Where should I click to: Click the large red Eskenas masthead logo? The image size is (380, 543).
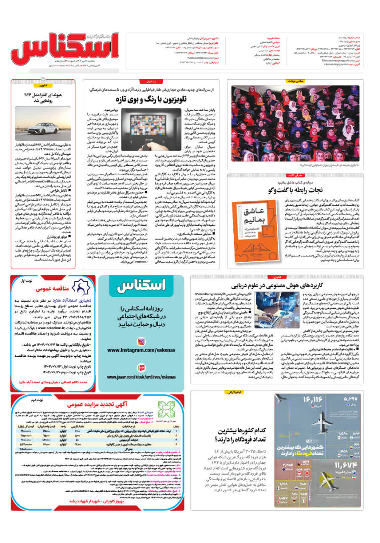point(64,51)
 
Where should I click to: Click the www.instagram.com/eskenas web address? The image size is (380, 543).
point(141,350)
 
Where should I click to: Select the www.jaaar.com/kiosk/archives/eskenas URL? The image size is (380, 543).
point(141,377)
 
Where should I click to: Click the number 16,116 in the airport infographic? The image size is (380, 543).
point(313,400)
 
